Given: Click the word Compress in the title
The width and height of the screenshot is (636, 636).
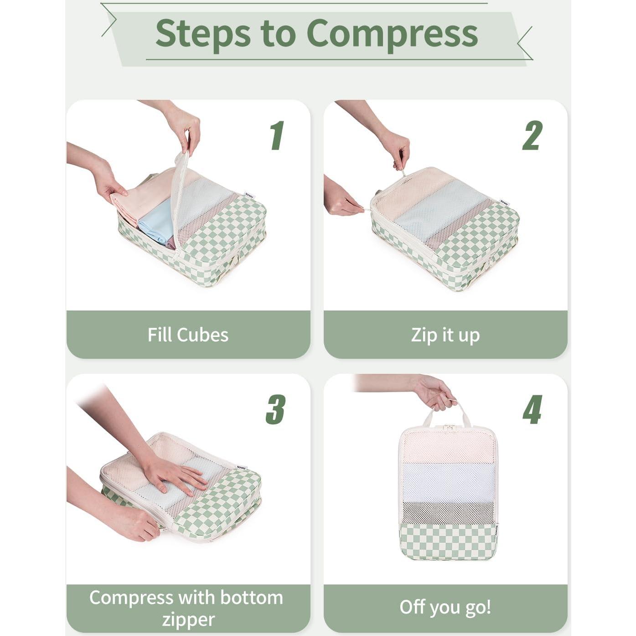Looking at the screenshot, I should (x=392, y=33).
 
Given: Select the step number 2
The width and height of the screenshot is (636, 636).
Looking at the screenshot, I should (x=532, y=135).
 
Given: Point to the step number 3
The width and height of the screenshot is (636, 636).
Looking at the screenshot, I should (x=276, y=409).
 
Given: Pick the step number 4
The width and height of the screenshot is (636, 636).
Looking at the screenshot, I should (x=532, y=409).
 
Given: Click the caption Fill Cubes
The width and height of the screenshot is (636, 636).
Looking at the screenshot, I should (x=188, y=335).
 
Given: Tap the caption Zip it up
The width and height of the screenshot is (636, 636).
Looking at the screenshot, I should (x=445, y=335).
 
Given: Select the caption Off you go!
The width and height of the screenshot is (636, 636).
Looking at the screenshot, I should (x=445, y=607).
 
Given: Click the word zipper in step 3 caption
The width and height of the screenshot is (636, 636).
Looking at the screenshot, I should (x=188, y=620).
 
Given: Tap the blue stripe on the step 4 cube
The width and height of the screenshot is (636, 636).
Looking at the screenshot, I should (x=449, y=482).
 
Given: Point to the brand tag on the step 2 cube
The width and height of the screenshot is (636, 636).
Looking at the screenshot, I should (x=504, y=202).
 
